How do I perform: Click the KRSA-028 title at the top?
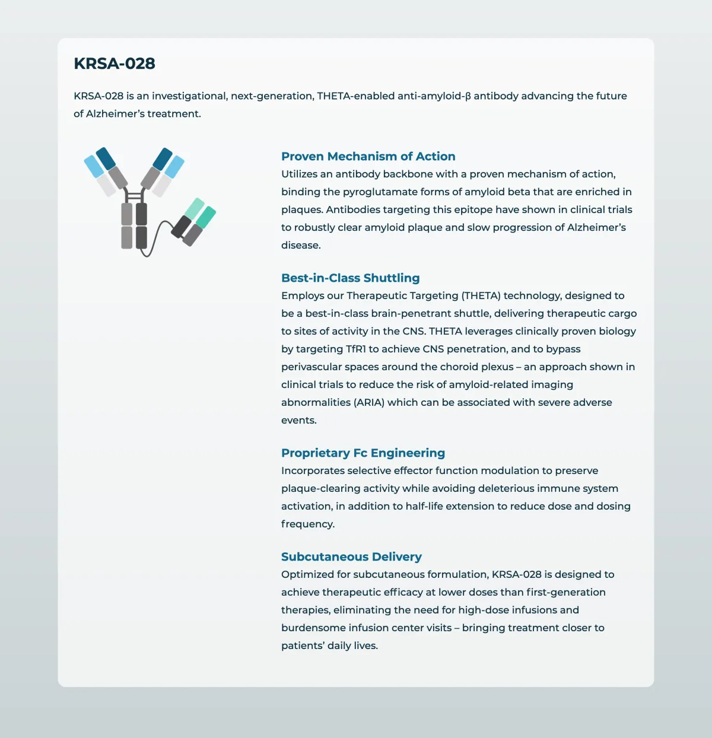[115, 63]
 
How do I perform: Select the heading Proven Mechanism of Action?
[368, 156]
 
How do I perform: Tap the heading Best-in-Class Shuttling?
[350, 278]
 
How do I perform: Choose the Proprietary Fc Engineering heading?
[363, 453]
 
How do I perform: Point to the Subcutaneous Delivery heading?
[351, 556]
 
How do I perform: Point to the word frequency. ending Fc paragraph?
[307, 524]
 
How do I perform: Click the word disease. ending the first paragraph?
[301, 245]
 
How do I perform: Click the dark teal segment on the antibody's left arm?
[106, 158]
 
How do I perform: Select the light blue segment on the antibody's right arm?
[174, 167]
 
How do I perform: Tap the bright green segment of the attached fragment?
[206, 217]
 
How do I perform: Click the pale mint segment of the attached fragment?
[195, 208]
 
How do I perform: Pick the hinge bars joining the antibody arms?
[135, 196]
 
